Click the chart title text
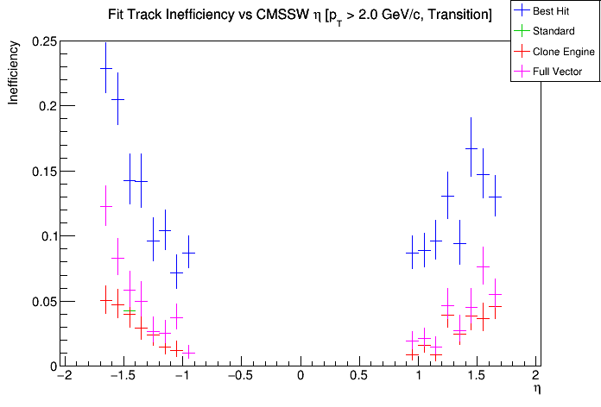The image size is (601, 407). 300,14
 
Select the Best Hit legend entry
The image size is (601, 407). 552,11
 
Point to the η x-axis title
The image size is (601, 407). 535,391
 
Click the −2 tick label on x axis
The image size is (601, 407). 63,377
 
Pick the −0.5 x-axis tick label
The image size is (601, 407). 236,377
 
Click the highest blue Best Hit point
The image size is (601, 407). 105,68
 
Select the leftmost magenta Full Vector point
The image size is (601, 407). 105,206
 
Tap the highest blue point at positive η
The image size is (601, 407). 471,148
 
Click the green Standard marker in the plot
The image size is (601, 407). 130,311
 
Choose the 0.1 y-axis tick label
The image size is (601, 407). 44,236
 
